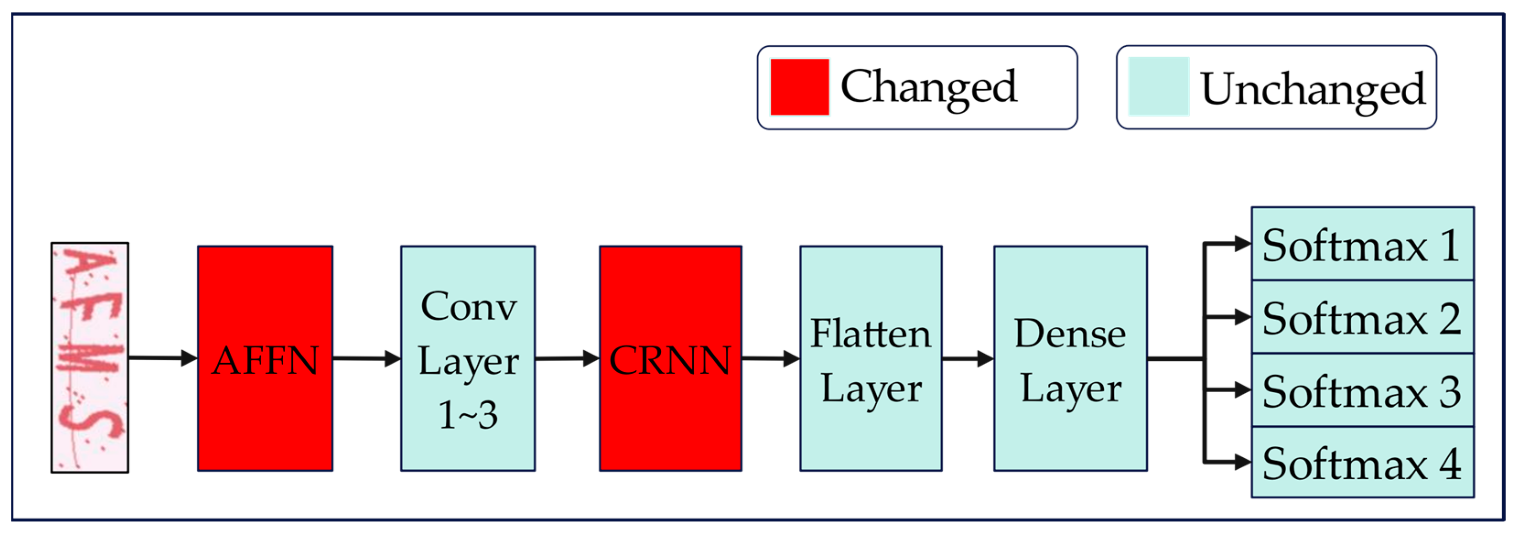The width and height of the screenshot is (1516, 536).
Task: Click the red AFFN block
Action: coord(265,358)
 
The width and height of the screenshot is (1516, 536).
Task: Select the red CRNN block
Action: coord(670,358)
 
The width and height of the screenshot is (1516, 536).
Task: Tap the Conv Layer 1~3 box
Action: coord(468,358)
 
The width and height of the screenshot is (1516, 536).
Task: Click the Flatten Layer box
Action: coord(870,358)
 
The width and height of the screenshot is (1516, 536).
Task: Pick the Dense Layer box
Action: coord(1070,358)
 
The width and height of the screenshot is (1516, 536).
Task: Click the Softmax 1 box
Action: coord(1362,244)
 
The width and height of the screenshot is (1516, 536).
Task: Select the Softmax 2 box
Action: coord(1362,317)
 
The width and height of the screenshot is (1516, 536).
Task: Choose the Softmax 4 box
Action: coord(1362,462)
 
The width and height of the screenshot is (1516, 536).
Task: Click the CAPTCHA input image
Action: coord(89,357)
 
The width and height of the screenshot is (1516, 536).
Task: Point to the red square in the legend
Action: coord(799,87)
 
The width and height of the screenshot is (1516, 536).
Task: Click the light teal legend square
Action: coord(1158,87)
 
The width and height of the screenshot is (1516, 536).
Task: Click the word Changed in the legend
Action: coord(928,87)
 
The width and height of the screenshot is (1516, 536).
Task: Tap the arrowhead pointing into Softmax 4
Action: coord(1242,462)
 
